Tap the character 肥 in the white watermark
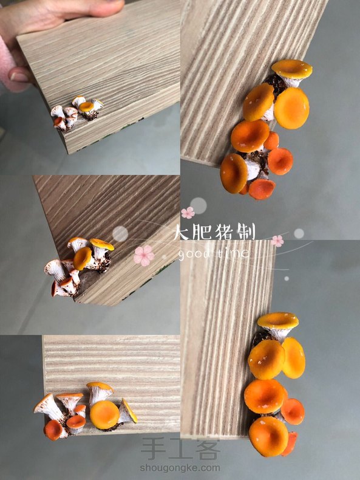tap(202, 232)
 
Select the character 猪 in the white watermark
tap(225, 232)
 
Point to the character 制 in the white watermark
tap(246, 232)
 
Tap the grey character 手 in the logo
tap(154, 449)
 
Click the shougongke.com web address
tap(180, 468)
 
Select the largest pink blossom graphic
tap(143, 255)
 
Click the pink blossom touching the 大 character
tap(188, 213)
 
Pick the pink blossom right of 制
tap(277, 241)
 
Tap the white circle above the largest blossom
tap(120, 233)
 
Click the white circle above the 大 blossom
tap(199, 205)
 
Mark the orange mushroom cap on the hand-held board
tap(86, 106)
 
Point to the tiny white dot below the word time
tap(287, 278)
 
